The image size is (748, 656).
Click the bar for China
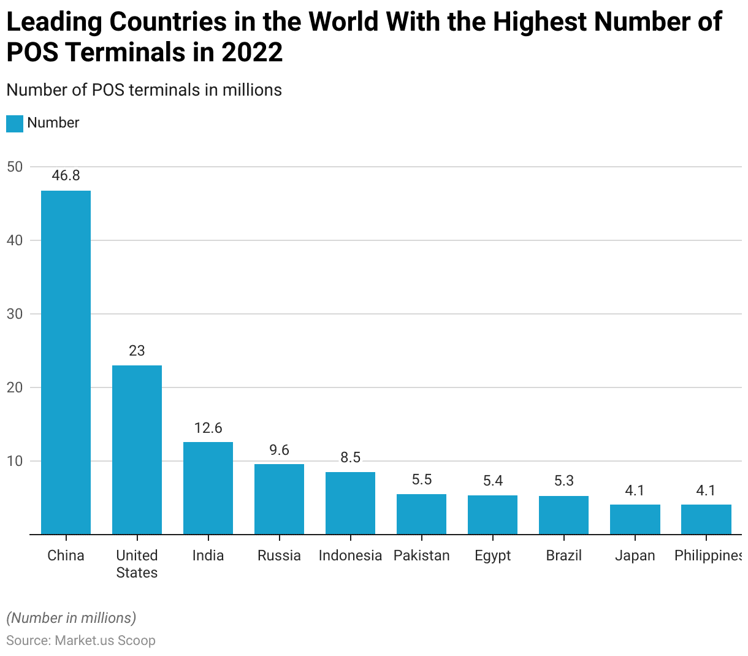pyautogui.click(x=66, y=362)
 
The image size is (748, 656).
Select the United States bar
pyautogui.click(x=137, y=450)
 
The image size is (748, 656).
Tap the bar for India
pyautogui.click(x=208, y=488)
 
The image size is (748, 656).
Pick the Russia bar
pyautogui.click(x=279, y=499)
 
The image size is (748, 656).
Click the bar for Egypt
pyautogui.click(x=492, y=515)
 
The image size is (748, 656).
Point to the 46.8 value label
pyautogui.click(x=66, y=175)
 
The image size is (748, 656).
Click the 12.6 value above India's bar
pyautogui.click(x=208, y=428)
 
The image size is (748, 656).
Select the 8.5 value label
pyautogui.click(x=350, y=457)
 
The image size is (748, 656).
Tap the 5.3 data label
pyautogui.click(x=563, y=481)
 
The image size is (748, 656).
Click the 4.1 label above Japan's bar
pyautogui.click(x=635, y=490)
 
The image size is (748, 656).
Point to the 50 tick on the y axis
pyautogui.click(x=15, y=167)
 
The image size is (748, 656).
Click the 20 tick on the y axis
pyautogui.click(x=15, y=387)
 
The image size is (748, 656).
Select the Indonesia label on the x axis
pyautogui.click(x=350, y=555)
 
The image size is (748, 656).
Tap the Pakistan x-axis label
pyautogui.click(x=421, y=555)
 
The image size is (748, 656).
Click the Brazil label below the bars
pyautogui.click(x=563, y=555)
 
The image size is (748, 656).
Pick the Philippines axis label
pyautogui.click(x=708, y=555)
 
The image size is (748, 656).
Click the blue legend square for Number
pyautogui.click(x=15, y=123)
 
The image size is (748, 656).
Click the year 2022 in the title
pyautogui.click(x=252, y=53)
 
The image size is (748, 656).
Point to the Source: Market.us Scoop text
pyautogui.click(x=81, y=641)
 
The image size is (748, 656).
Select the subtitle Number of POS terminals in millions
pyautogui.click(x=144, y=90)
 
